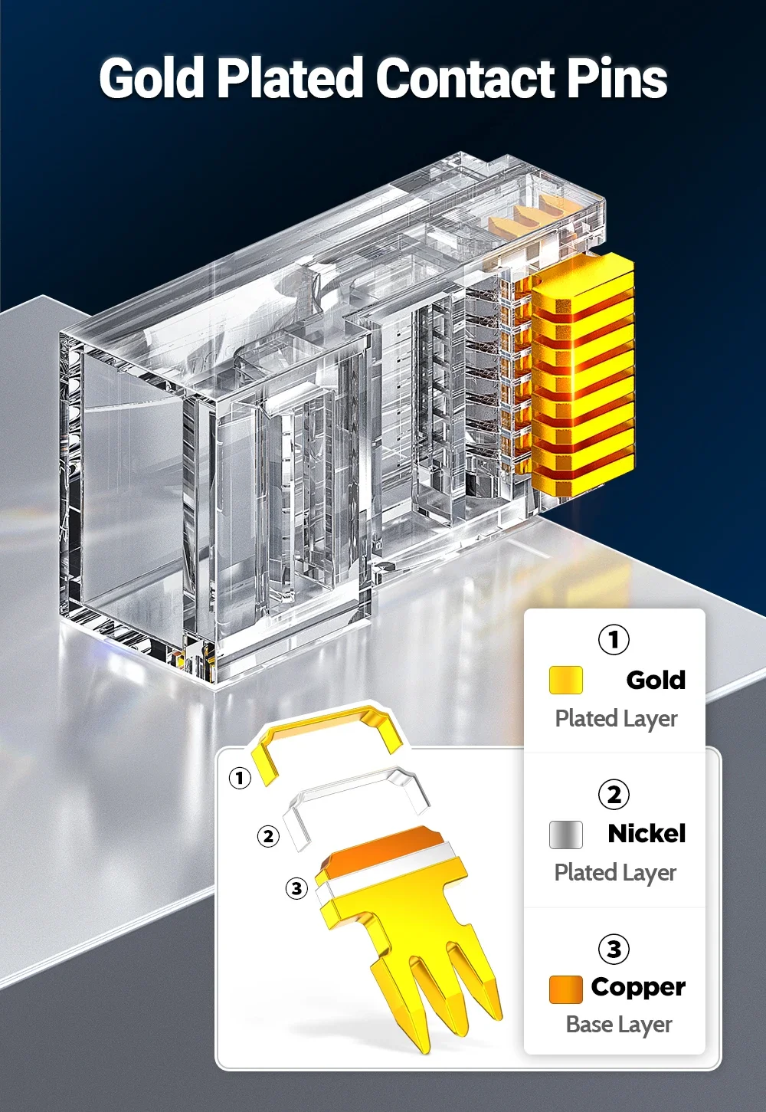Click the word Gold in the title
(152, 77)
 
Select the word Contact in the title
(466, 78)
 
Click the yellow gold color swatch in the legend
(565, 680)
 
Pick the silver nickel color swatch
(565, 835)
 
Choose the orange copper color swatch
(565, 989)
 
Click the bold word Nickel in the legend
(647, 834)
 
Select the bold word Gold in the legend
(656, 680)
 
